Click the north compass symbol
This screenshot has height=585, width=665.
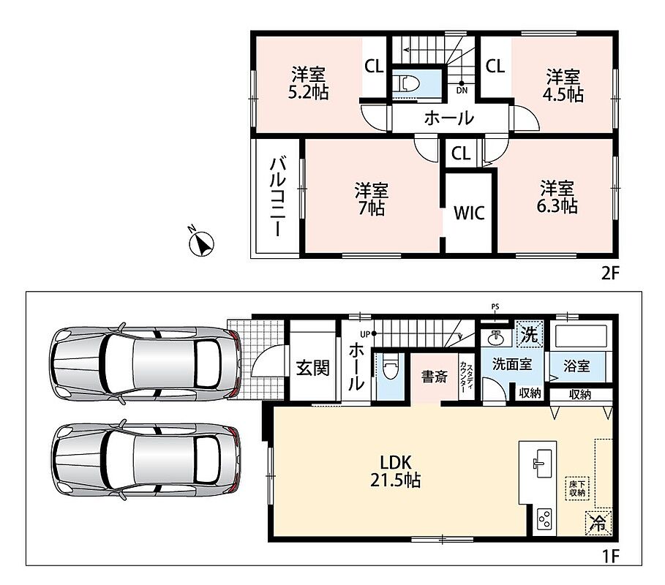(201, 244)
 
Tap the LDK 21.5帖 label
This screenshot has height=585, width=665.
(396, 471)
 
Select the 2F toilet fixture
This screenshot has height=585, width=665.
(406, 84)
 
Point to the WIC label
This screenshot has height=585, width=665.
(469, 214)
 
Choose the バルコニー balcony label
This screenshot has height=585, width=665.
(278, 197)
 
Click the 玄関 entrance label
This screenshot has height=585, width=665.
(312, 368)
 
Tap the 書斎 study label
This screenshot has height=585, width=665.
(435, 377)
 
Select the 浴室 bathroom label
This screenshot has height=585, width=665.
(576, 366)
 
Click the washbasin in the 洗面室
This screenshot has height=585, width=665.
(495, 337)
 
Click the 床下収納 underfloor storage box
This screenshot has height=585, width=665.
(577, 488)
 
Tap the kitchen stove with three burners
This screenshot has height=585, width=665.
(544, 518)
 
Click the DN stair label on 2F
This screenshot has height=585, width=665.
(462, 90)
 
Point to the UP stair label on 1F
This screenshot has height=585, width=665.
(365, 334)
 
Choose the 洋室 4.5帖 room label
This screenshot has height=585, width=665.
(563, 86)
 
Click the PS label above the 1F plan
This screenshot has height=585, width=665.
(495, 306)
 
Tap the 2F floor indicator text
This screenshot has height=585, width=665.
(610, 273)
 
